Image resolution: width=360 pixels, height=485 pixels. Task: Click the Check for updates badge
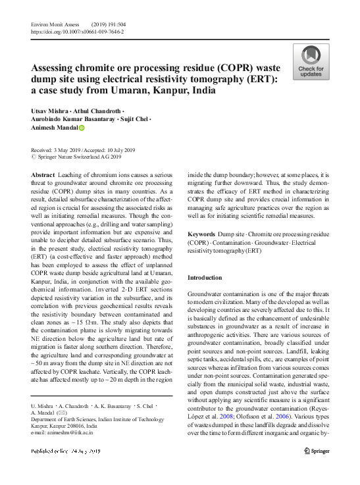point(311,63)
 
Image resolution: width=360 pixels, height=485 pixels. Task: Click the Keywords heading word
point(201,234)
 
